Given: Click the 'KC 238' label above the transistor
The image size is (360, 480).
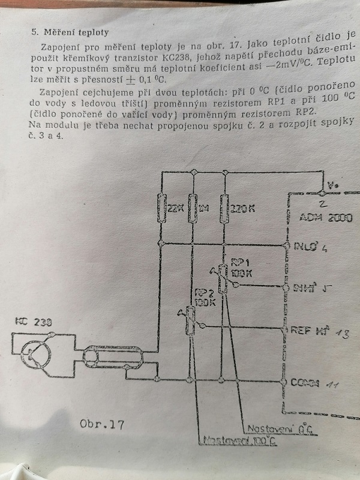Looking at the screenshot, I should coord(31,322).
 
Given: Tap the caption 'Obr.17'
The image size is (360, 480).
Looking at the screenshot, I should coord(101,424).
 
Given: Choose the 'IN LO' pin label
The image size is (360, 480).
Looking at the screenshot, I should coord(305,245).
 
